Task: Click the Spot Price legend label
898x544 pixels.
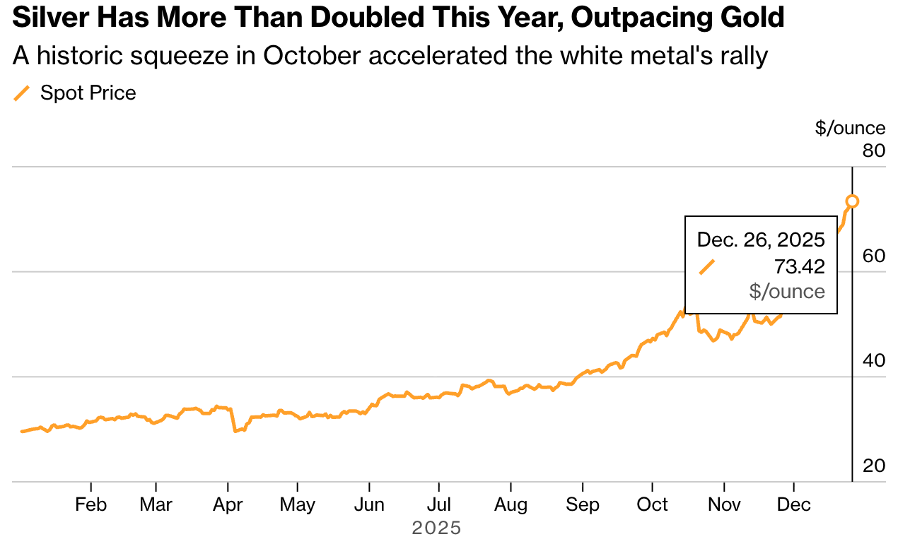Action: pos(88,93)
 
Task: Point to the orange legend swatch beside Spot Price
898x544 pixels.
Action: pos(23,93)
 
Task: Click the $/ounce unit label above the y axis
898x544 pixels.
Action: pos(850,128)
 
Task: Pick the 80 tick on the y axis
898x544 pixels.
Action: pos(874,150)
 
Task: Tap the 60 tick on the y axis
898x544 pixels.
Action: pos(874,256)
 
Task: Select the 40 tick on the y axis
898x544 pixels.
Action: pos(874,360)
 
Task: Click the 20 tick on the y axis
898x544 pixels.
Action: pos(874,466)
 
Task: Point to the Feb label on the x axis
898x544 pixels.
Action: pos(91,505)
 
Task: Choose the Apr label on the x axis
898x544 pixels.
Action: pos(228,505)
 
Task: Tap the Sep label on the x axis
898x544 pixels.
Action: pos(583,505)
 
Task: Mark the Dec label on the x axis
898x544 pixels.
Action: pos(794,505)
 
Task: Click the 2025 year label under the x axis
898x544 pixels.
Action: pos(436,528)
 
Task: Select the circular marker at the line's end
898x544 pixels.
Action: pos(852,201)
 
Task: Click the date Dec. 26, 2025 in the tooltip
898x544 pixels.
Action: pos(761,240)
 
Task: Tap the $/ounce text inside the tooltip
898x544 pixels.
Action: pos(787,291)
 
